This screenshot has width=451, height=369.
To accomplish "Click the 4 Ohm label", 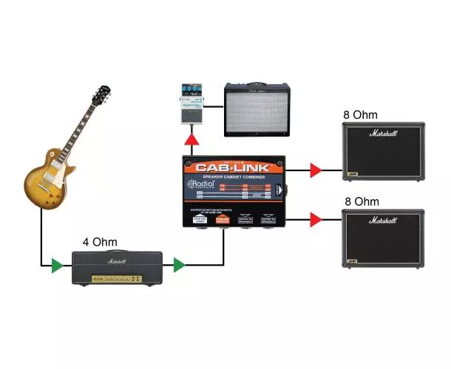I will click(x=100, y=241).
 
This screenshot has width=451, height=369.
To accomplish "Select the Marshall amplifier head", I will click(x=117, y=267).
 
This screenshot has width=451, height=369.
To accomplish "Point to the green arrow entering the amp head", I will click(x=57, y=264).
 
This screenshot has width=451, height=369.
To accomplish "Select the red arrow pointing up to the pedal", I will click(x=191, y=139).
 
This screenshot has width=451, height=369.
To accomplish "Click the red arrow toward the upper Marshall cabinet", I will click(x=315, y=172).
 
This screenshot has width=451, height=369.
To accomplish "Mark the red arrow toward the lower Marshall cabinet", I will click(x=315, y=219).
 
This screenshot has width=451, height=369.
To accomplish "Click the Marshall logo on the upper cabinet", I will click(x=382, y=134).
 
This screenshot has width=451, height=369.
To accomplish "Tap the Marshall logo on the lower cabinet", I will click(x=382, y=220).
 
